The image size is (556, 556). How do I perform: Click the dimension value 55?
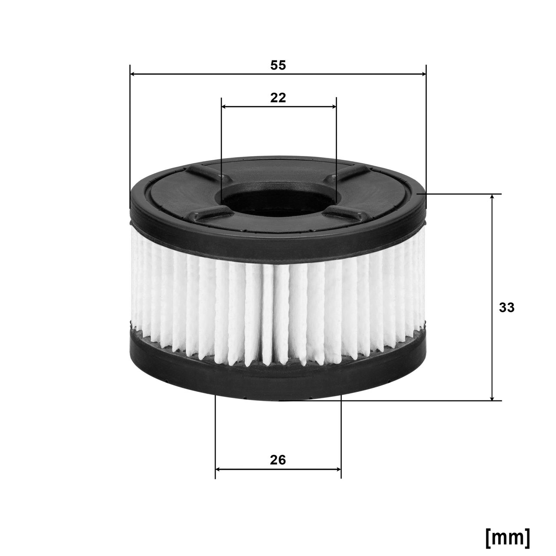[278, 65]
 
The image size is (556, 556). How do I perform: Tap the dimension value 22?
[278, 98]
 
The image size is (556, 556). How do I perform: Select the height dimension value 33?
[506, 308]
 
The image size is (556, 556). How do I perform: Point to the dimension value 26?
[278, 460]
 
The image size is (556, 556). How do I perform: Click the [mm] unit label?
[507, 538]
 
